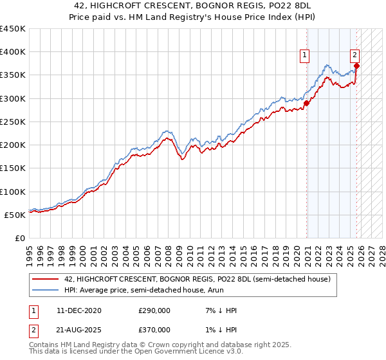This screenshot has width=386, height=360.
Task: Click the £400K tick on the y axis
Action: pyautogui.click(x=13, y=52)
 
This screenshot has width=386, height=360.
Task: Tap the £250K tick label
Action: pyautogui.click(x=13, y=122)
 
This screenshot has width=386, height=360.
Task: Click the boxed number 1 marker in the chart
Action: pyautogui.click(x=305, y=55)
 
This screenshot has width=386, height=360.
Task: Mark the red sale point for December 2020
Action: pyautogui.click(x=306, y=103)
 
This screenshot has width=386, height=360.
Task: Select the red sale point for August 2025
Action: pyautogui.click(x=356, y=66)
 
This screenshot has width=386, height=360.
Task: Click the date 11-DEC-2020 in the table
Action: pyautogui.click(x=78, y=310)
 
